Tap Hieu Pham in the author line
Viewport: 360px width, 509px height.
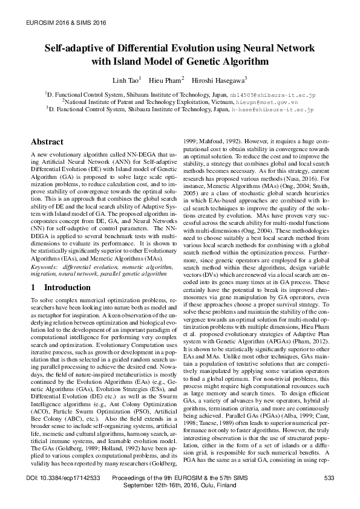162,80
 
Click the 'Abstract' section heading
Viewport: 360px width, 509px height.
47,142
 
